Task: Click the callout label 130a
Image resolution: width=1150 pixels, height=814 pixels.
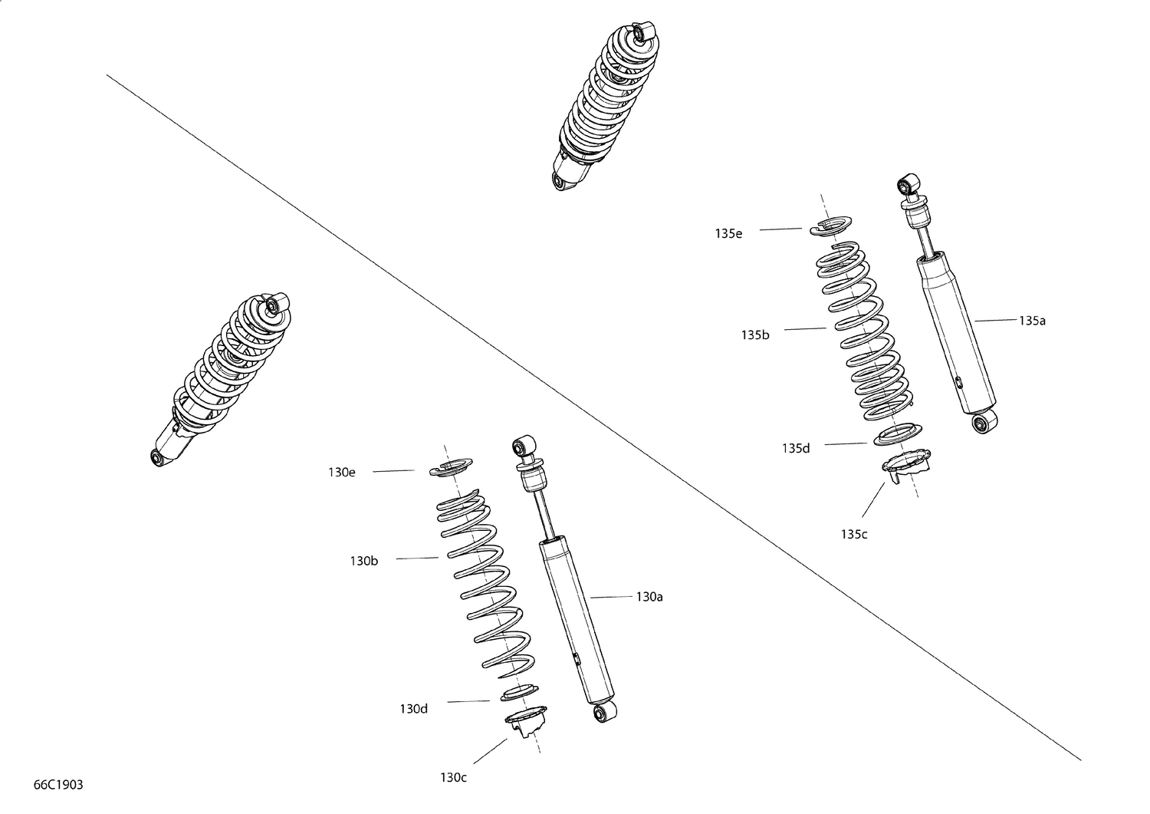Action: point(649,596)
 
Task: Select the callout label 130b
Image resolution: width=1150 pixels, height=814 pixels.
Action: point(364,561)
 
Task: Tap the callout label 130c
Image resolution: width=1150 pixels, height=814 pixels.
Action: point(453,777)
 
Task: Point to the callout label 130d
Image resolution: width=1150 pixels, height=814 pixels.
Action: point(413,708)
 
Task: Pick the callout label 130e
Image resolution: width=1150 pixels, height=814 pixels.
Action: point(342,473)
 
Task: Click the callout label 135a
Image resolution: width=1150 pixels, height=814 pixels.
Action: point(1032,321)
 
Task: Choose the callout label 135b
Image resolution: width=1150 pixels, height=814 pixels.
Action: point(754,334)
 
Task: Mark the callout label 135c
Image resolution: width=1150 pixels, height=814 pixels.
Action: point(853,534)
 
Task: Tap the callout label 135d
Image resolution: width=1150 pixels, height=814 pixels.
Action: point(796,448)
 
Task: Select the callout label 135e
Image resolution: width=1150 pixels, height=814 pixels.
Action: point(728,233)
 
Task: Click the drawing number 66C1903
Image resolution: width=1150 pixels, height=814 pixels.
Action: point(58,785)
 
